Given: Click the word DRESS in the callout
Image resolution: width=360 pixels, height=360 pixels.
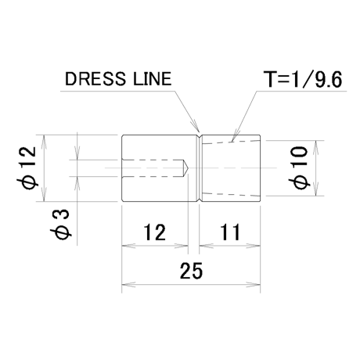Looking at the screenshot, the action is tap(95, 79).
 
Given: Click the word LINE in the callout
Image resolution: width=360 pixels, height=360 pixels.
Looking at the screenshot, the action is tap(153, 79).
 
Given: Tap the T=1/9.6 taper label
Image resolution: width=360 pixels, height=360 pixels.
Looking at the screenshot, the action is tap(303, 79).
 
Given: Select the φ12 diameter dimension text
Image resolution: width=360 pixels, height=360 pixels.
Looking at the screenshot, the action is tap(28, 167).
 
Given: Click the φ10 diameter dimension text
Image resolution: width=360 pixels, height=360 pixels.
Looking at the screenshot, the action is tap(299, 167).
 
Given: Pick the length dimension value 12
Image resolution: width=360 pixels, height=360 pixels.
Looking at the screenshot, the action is tap(155, 232).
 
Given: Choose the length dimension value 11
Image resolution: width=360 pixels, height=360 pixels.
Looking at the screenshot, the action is tap(230, 232).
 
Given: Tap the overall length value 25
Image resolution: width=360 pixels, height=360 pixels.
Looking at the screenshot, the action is tap(191, 271).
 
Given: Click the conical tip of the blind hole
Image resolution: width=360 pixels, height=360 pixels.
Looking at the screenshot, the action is tap(188, 167).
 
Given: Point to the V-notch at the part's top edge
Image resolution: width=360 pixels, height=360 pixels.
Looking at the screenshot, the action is tap(200, 137).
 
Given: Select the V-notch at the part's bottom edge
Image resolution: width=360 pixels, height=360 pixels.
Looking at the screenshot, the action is tap(200, 200).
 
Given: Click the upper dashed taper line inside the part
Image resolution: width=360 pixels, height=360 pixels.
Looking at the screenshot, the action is tap(231, 142).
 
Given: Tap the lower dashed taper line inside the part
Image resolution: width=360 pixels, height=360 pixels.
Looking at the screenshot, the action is tap(231, 194).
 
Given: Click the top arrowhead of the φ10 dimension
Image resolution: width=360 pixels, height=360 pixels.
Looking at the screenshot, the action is tap(315, 146).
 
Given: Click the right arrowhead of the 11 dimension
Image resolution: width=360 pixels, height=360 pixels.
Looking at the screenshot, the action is tap(254, 246).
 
